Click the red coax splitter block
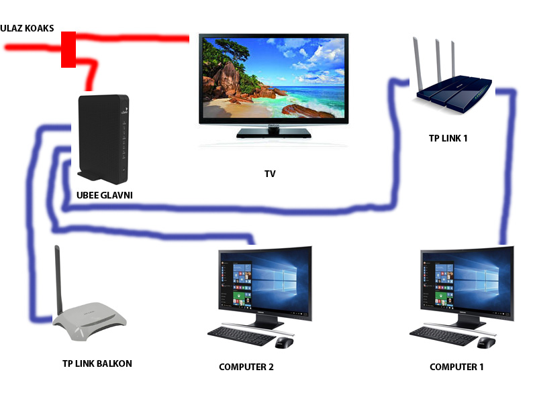point(68,50)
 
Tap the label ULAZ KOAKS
point(27,28)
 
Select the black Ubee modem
point(103,139)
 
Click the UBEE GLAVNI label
point(104,195)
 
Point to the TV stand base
point(274,133)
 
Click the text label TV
point(270,174)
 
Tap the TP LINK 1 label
point(448,138)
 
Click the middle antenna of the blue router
point(438,61)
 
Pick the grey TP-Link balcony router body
point(90,322)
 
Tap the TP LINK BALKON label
point(97,363)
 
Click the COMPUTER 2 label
point(246,367)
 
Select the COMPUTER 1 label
point(456,367)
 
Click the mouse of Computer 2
point(284,343)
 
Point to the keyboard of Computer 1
point(444,335)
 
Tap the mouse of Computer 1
point(486,343)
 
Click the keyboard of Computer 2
point(242,335)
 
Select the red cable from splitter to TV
point(132,38)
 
